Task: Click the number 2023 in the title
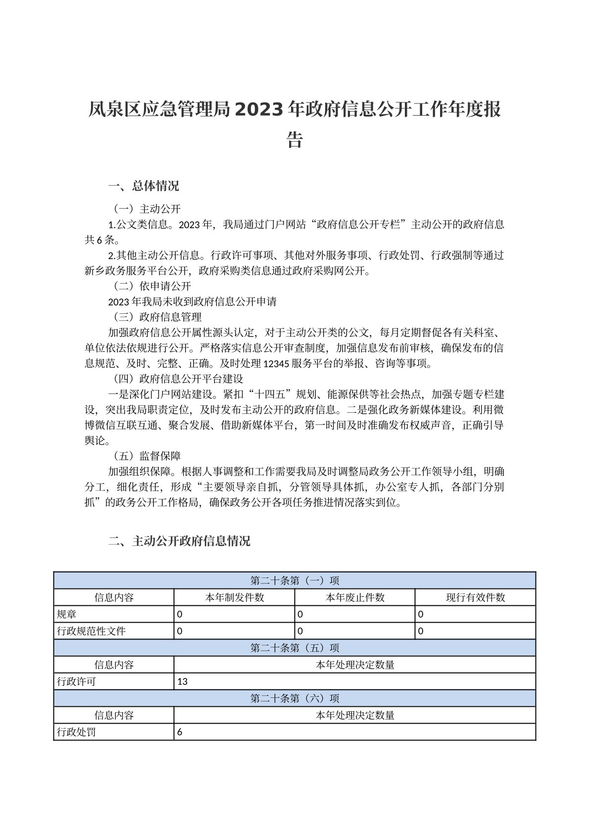(262, 109)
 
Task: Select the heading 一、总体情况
(144, 186)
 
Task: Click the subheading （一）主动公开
(145, 209)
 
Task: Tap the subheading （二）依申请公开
(149, 286)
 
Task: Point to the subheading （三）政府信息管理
(155, 317)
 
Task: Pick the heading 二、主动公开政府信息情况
(179, 541)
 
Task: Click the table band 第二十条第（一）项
(294, 581)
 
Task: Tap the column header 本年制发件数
(234, 597)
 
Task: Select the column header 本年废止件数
(355, 597)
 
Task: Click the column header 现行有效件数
(475, 597)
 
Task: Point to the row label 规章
(66, 614)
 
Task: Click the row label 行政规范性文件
(91, 631)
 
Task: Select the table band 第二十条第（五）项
(294, 648)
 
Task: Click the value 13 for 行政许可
(182, 682)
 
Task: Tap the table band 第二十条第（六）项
(294, 698)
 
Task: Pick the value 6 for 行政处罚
(180, 732)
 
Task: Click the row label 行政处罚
(76, 732)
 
